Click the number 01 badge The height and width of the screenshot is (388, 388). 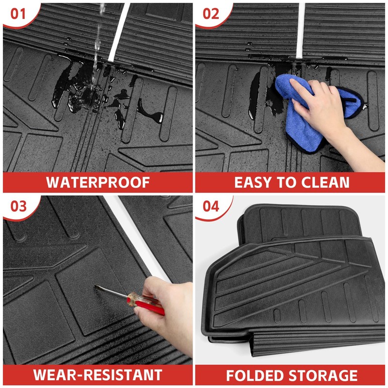pyautogui.click(x=18, y=14)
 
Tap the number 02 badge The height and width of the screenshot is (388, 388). pyautogui.click(x=210, y=14)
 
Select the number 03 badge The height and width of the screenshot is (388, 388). pyautogui.click(x=18, y=206)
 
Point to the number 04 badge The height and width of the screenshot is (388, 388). pyautogui.click(x=210, y=206)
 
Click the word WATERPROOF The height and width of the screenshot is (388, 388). pyautogui.click(x=98, y=182)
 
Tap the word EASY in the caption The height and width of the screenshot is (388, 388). pyautogui.click(x=253, y=183)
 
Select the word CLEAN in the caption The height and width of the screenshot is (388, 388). pyautogui.click(x=325, y=183)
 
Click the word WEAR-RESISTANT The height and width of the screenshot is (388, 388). pyautogui.click(x=98, y=374)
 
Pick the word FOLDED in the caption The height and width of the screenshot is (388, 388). pyautogui.click(x=256, y=375)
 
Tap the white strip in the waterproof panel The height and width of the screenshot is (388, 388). pyautogui.click(x=119, y=32)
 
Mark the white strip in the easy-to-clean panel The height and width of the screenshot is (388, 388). pyautogui.click(x=301, y=31)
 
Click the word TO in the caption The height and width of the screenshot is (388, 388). pyautogui.click(x=287, y=183)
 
